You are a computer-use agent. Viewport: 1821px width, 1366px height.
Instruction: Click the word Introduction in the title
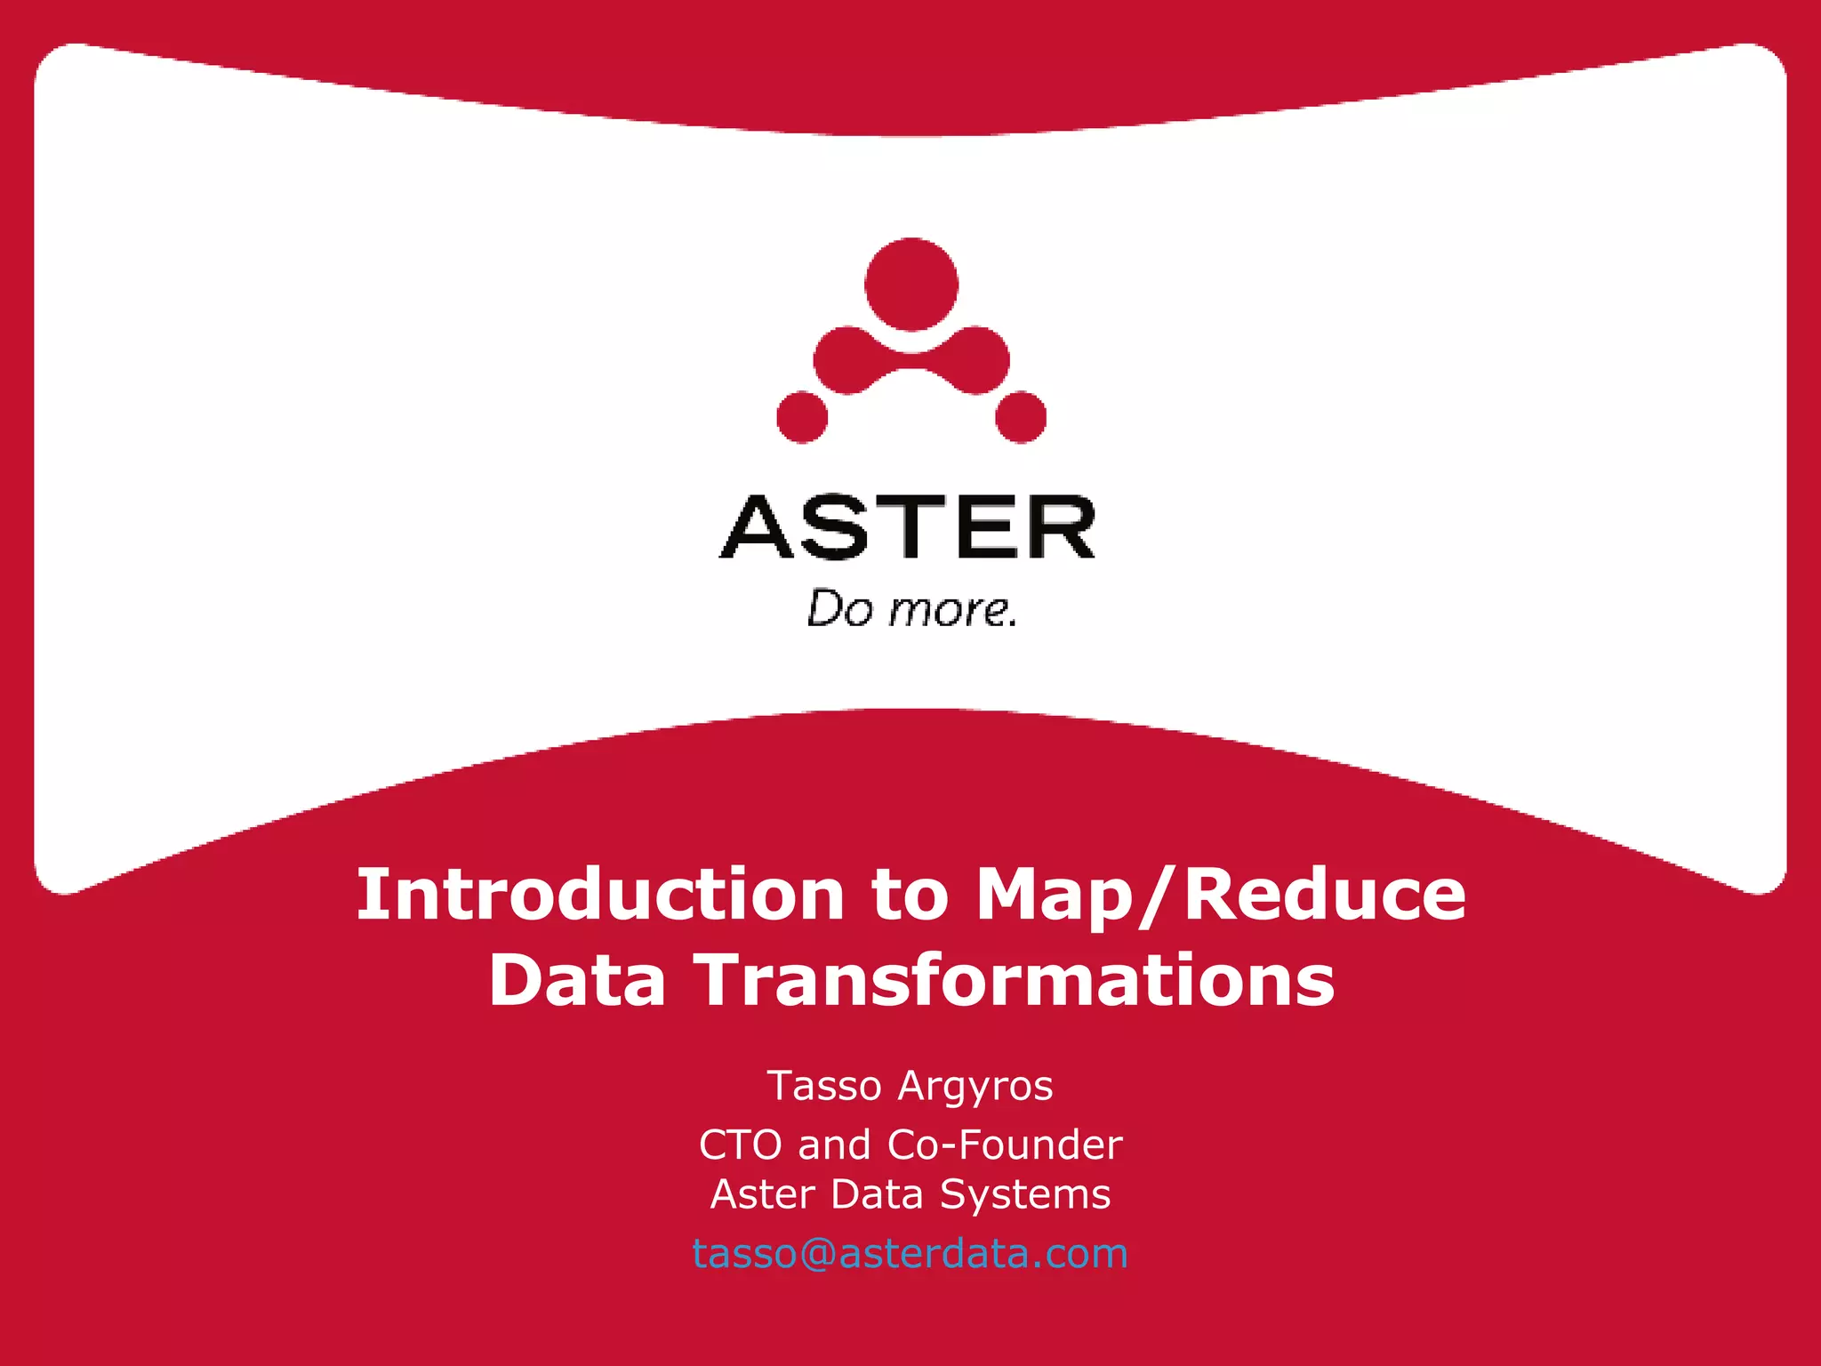coord(600,895)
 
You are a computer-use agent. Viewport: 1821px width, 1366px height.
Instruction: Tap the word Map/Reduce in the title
coord(1221,895)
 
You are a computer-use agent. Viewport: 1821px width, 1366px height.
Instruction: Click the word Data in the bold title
coord(577,980)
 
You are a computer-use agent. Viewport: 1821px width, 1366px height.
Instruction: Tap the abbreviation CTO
coord(740,1145)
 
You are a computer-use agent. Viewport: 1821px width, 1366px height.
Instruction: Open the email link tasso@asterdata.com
coord(910,1254)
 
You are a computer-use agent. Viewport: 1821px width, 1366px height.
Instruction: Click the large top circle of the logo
coord(911,285)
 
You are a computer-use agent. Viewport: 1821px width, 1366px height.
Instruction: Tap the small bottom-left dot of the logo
coord(802,416)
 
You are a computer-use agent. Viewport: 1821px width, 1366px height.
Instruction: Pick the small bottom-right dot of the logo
coord(1021,416)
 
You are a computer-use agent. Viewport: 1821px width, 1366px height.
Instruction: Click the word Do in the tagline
coord(839,610)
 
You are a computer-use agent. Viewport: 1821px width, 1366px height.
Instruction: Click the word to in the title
coord(910,895)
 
